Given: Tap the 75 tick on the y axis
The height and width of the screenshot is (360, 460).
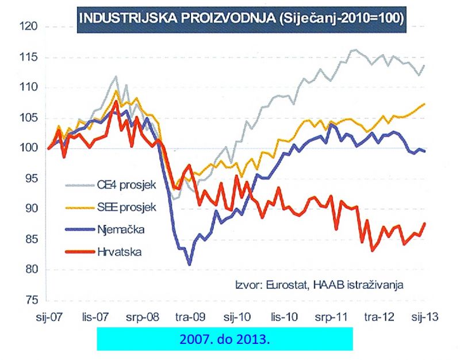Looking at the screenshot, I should (30, 301).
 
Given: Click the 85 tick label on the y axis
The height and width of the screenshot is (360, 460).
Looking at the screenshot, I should (30, 240).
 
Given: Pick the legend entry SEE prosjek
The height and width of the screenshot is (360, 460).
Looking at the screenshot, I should (119, 206).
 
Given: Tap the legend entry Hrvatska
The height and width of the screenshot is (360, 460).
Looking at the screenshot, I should (114, 252).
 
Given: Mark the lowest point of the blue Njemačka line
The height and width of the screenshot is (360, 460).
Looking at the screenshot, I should (189, 265).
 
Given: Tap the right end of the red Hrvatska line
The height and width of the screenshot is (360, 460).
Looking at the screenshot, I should (425, 223).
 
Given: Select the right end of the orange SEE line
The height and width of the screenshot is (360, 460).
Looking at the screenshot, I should (424, 104).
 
